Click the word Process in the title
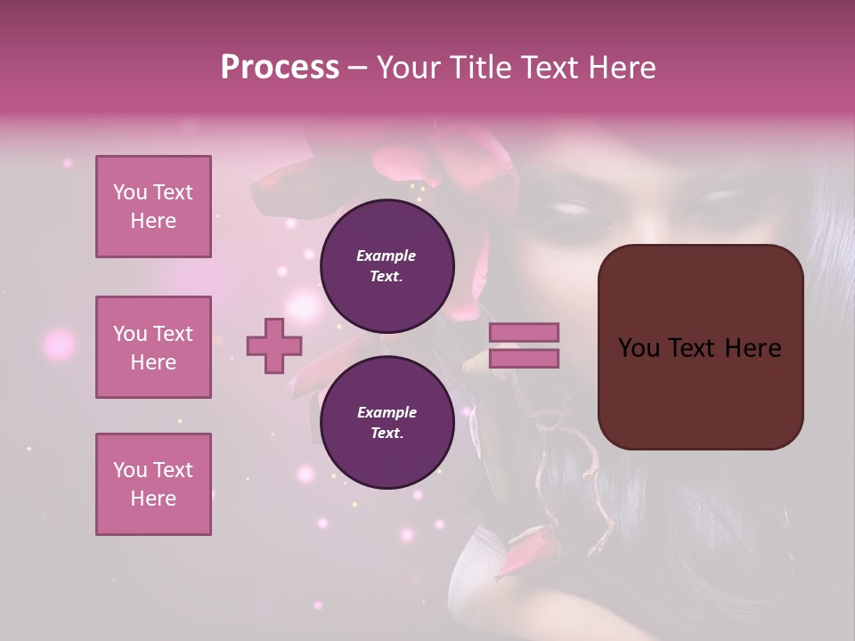pyautogui.click(x=280, y=68)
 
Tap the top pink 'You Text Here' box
pyautogui.click(x=153, y=207)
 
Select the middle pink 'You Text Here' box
pyautogui.click(x=153, y=347)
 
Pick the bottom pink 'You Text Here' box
pyautogui.click(x=153, y=484)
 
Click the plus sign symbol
pyautogui.click(x=273, y=346)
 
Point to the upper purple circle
pyautogui.click(x=387, y=266)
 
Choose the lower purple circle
pyautogui.click(x=387, y=423)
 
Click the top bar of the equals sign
pyautogui.click(x=524, y=333)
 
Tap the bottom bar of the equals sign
pyautogui.click(x=524, y=359)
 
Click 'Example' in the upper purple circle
pyautogui.click(x=387, y=256)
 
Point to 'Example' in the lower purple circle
pyautogui.click(x=387, y=412)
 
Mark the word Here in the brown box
pyautogui.click(x=753, y=348)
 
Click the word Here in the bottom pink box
pyautogui.click(x=153, y=499)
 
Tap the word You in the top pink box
pyautogui.click(x=129, y=192)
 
